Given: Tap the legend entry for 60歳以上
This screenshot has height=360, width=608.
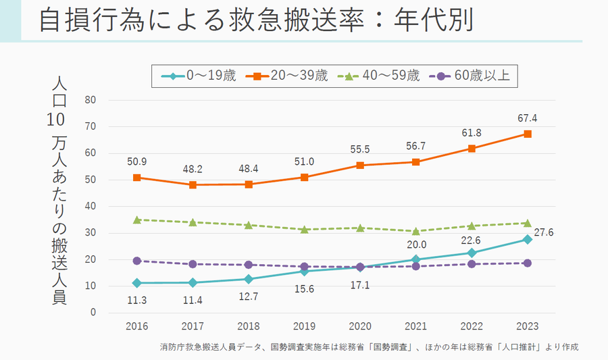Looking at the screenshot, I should tap(473, 76).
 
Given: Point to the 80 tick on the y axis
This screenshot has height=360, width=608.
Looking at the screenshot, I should tap(91, 100).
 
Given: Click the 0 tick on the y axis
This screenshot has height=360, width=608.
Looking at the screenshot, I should tap(94, 313).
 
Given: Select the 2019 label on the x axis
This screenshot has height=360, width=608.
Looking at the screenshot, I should tap(305, 326).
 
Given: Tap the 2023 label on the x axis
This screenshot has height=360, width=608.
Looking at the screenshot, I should tap(527, 326).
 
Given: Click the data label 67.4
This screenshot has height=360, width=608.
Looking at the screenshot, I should tap(527, 119).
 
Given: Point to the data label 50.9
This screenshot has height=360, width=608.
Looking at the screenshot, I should tap(137, 162).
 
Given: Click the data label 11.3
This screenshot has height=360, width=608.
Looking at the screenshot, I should tap(137, 299).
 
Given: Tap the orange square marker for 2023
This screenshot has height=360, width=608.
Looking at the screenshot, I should tap(527, 134).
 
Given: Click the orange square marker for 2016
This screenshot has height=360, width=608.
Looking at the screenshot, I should tap(137, 178).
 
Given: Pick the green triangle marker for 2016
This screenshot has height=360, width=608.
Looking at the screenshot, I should tap(137, 220).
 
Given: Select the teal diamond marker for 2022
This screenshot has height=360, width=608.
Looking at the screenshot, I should tap(472, 253).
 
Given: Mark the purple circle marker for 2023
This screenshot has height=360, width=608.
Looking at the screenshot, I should tap(527, 263).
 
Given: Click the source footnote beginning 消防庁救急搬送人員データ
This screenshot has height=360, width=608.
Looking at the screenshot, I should tap(370, 347).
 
